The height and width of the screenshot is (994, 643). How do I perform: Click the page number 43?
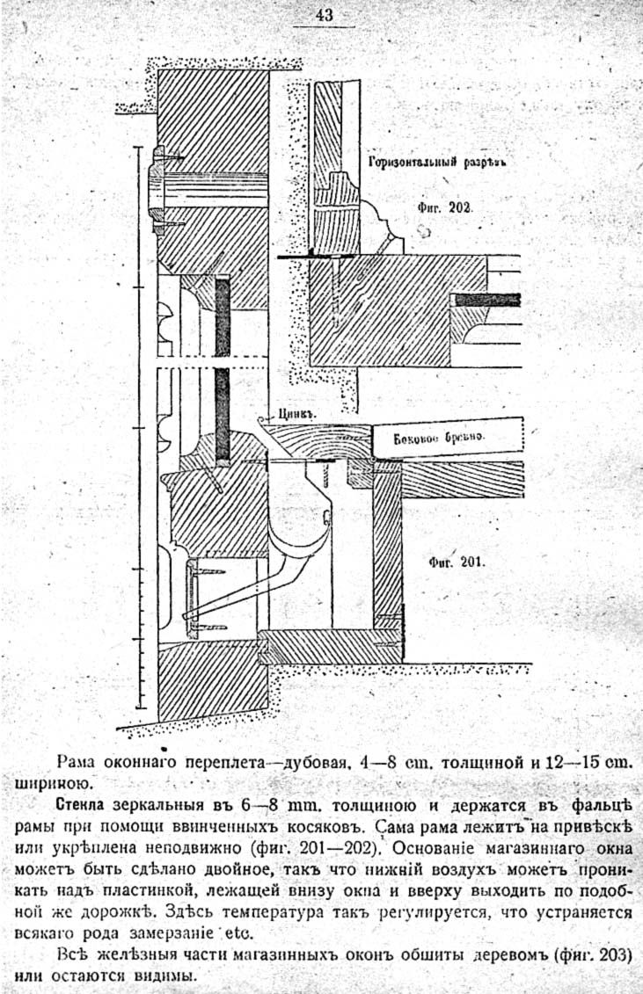point(325,15)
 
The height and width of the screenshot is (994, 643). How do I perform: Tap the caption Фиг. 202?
point(445,207)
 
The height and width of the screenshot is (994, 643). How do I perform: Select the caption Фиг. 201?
point(457,562)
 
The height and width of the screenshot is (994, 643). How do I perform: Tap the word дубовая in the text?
point(315,763)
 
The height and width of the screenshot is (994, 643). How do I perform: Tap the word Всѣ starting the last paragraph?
point(69,954)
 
